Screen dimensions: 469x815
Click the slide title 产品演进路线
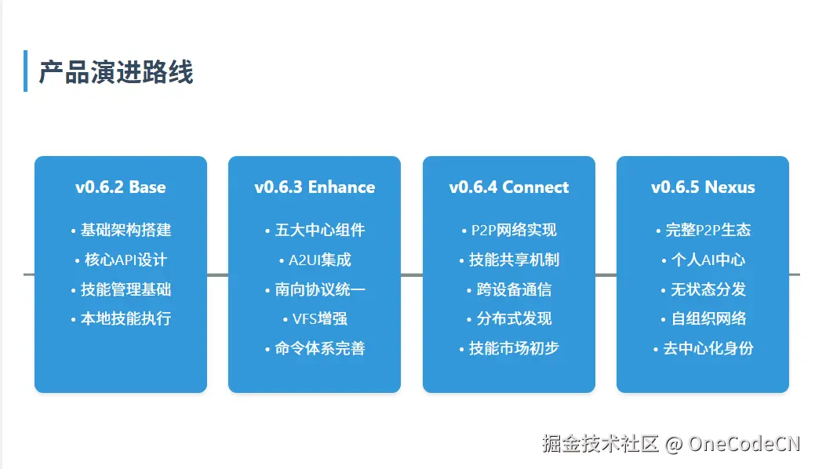coord(115,72)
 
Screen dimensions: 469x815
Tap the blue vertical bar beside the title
coord(26,71)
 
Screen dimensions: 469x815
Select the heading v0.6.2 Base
coord(121,187)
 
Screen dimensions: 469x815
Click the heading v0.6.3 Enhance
coord(315,187)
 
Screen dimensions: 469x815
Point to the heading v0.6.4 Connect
coord(509,187)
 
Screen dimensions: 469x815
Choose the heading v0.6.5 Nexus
coord(703,187)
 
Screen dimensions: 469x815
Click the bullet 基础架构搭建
coord(126,230)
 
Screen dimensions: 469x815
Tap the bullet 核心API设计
coord(126,260)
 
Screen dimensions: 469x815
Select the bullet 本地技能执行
coord(126,318)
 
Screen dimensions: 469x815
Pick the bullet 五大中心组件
coord(319,230)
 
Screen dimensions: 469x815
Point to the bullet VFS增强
coord(319,318)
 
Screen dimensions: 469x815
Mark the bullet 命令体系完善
coord(319,348)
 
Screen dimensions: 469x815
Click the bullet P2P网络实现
coord(514,230)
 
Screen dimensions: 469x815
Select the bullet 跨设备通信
coord(514,289)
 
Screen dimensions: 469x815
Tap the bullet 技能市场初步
coord(514,348)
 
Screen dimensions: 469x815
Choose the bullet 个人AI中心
coord(708,260)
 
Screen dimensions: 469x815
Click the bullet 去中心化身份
coord(708,348)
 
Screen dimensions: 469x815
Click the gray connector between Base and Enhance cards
coord(217,274)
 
